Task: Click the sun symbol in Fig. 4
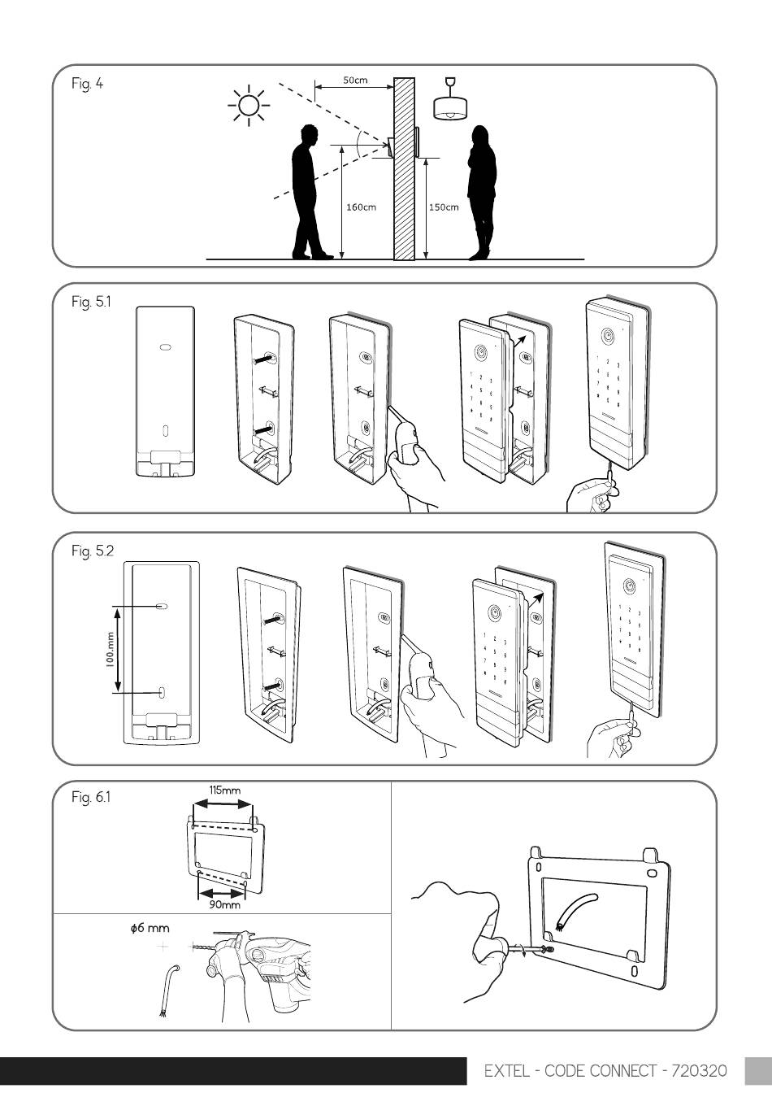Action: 249,105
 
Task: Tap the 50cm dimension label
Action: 355,80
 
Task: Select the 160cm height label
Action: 362,207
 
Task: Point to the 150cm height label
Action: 444,207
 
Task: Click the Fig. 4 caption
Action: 87,84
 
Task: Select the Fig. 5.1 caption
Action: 91,302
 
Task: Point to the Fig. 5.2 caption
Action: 92,551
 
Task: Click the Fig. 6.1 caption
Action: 91,797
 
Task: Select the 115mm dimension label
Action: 225,790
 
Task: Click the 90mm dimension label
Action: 225,904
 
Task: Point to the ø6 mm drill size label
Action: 150,928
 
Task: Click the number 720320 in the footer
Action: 700,1071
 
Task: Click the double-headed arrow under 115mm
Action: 223,803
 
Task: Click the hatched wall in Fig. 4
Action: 405,168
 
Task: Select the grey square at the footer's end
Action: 758,1071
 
